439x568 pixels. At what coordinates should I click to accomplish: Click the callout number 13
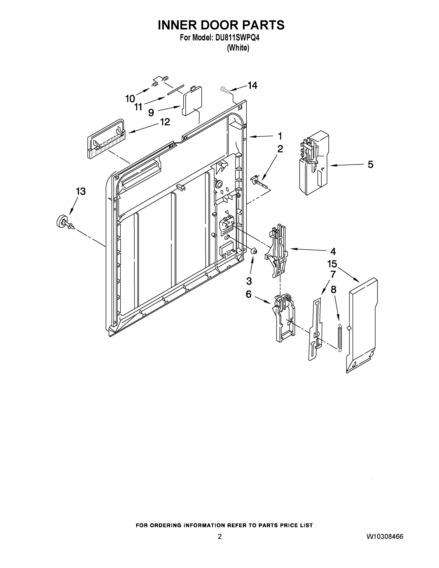pyautogui.click(x=81, y=191)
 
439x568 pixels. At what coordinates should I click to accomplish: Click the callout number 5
pyautogui.click(x=370, y=164)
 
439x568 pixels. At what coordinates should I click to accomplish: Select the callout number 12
pyautogui.click(x=165, y=122)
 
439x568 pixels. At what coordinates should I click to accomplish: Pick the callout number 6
pyautogui.click(x=249, y=294)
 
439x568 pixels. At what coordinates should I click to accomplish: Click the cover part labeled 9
pyautogui.click(x=192, y=102)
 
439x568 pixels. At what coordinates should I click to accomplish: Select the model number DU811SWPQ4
pyautogui.click(x=237, y=38)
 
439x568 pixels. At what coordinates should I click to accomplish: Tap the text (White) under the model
pyautogui.click(x=238, y=48)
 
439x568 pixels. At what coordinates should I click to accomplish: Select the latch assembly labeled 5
pyautogui.click(x=313, y=164)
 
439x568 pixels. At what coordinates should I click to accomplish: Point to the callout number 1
pyautogui.click(x=280, y=136)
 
